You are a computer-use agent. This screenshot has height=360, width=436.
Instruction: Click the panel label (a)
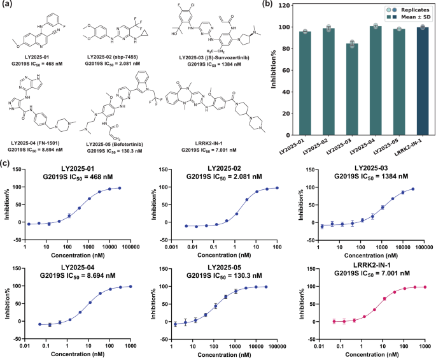[x=8, y=6]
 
